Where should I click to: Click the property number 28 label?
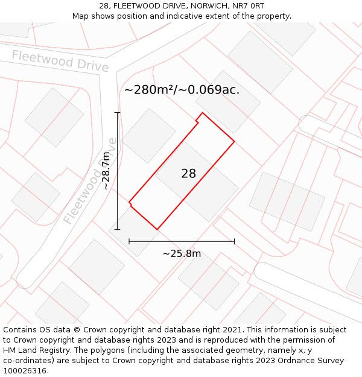click(188, 174)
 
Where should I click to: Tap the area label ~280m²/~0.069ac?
click(182, 90)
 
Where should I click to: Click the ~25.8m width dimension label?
click(182, 253)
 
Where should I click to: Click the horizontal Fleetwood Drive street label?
click(60, 61)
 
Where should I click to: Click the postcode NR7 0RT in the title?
click(250, 6)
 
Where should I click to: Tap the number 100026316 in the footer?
click(25, 371)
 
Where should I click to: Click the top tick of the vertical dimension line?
click(118, 113)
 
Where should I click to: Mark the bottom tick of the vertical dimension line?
click(118, 229)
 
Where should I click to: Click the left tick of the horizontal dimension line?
click(129, 241)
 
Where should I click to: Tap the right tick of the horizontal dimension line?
click(234, 241)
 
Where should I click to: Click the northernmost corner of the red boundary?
click(203, 113)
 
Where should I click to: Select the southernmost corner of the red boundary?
click(157, 229)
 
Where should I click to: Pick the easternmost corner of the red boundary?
click(234, 142)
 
